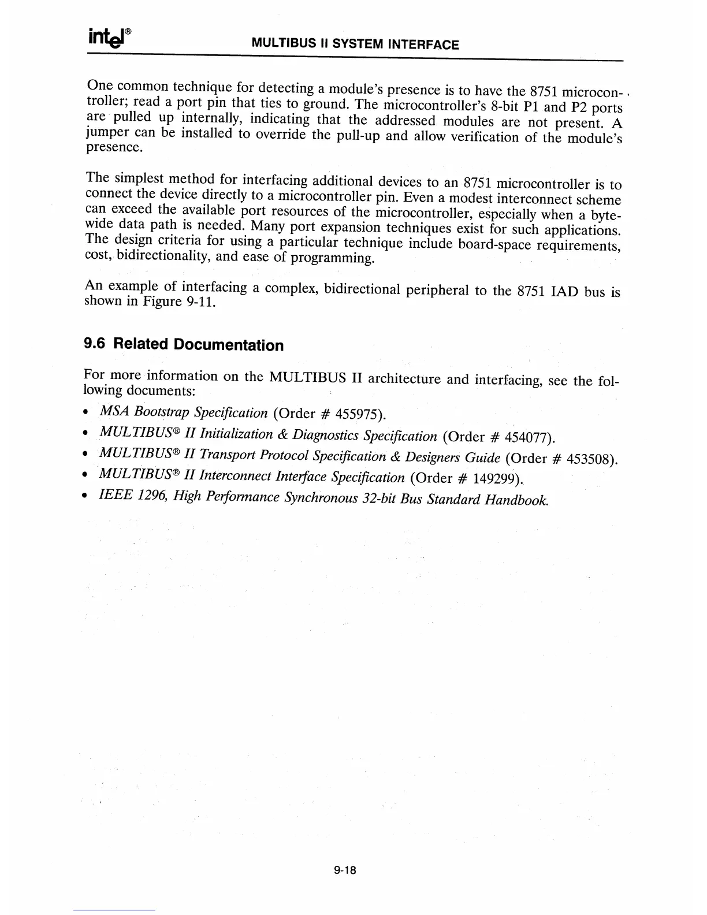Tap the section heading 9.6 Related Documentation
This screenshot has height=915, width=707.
point(184,345)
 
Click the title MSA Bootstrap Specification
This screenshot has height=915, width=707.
point(184,412)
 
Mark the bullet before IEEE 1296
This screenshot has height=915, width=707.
point(85,496)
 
